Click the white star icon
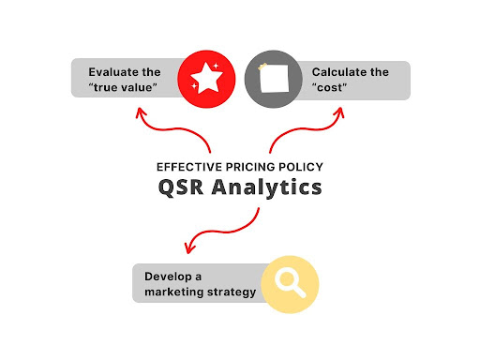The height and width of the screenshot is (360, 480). click(206, 78)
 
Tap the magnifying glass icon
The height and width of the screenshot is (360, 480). click(290, 283)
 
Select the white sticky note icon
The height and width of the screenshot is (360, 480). click(274, 78)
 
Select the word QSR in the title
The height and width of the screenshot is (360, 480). click(181, 187)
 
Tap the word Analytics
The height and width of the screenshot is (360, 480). click(266, 187)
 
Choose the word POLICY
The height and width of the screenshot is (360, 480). click(301, 167)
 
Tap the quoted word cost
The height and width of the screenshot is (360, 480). click(329, 87)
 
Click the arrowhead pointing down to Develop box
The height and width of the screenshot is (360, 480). click(188, 248)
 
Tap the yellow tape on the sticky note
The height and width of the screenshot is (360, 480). click(262, 67)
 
